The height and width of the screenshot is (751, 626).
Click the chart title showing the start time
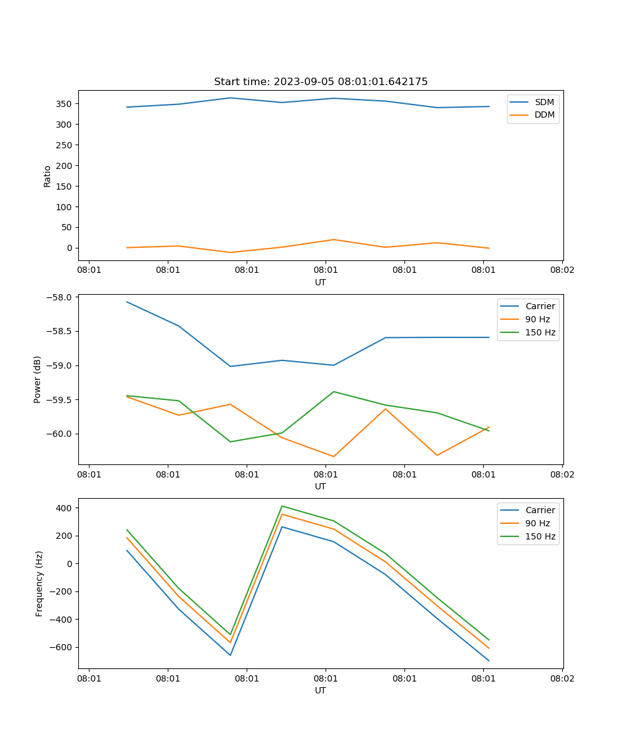click(x=321, y=82)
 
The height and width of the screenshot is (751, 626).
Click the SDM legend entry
click(x=544, y=102)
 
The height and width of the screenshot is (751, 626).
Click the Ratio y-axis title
click(x=48, y=176)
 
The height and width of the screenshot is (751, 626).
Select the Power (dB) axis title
click(x=38, y=379)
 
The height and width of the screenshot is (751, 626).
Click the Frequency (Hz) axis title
click(x=39, y=583)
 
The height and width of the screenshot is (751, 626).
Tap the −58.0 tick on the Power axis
click(x=61, y=297)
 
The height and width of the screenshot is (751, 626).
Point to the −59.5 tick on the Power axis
click(x=61, y=400)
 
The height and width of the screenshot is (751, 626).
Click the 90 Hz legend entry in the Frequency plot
click(x=538, y=523)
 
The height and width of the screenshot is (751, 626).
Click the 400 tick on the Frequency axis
click(x=64, y=508)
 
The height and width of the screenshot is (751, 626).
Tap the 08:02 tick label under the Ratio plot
click(x=562, y=270)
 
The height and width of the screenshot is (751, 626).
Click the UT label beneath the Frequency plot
click(x=321, y=690)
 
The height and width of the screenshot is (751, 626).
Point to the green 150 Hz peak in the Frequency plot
click(x=282, y=506)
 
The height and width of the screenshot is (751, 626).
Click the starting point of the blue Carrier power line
click(x=127, y=302)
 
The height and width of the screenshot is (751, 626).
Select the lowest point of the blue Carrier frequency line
click(x=489, y=661)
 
